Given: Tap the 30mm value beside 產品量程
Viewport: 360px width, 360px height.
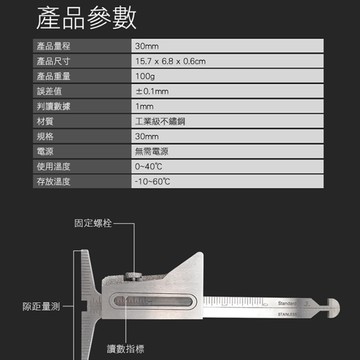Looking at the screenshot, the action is (x=146, y=47).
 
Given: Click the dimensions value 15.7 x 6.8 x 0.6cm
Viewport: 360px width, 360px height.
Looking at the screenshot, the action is (x=170, y=62).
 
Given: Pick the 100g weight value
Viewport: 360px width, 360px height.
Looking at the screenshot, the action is (x=145, y=76).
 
